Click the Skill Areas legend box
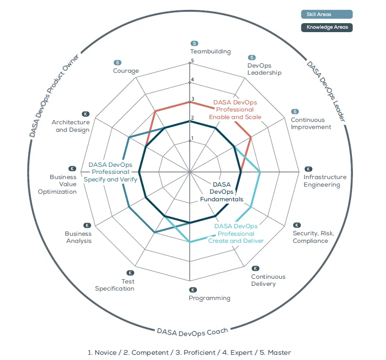tap(327, 15)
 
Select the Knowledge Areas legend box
tap(327, 27)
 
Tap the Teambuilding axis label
tap(211, 51)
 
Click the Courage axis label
tap(126, 71)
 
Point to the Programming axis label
tap(210, 298)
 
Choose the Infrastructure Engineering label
tap(325, 181)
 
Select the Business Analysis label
tap(79, 237)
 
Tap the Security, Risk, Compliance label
tap(313, 237)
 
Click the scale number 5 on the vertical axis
tap(193, 60)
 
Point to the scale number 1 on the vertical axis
tap(192, 139)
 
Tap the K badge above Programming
tap(193, 290)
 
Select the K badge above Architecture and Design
tap(86, 114)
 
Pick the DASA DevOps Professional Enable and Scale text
tap(235, 109)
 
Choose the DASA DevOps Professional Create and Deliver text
tap(236, 233)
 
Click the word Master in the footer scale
tap(279, 352)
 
